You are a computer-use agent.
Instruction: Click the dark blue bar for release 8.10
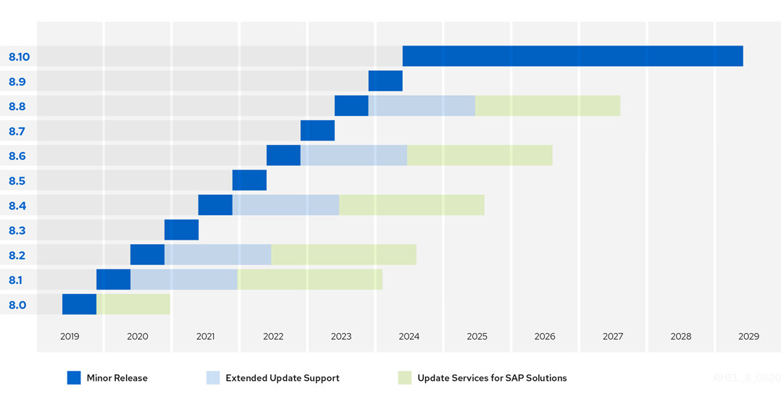pos(572,56)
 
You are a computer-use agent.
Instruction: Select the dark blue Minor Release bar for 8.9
pos(385,81)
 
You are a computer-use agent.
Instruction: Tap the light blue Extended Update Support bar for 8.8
pos(422,106)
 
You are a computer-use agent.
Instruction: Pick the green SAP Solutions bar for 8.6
pos(479,155)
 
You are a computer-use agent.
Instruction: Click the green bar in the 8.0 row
pos(133,304)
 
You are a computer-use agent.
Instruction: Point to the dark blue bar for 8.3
pos(181,230)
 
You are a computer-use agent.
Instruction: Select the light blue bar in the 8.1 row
pos(184,280)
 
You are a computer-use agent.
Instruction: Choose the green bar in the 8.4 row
pos(412,205)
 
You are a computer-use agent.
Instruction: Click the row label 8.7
pos(17,131)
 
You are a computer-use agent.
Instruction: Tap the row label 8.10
pos(20,56)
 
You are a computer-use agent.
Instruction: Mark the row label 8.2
pos(17,255)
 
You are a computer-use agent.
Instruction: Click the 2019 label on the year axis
pos(70,337)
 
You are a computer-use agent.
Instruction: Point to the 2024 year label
pos(409,337)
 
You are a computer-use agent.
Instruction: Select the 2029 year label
pos(748,337)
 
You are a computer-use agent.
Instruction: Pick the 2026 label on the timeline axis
pos(545,337)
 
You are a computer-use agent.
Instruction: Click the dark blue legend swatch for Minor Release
pos(74,378)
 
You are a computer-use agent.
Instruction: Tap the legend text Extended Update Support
pos(282,378)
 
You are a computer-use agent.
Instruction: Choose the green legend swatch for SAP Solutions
pos(404,378)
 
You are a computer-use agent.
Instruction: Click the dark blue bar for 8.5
pos(249,180)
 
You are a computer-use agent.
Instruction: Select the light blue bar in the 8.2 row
pos(217,255)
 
